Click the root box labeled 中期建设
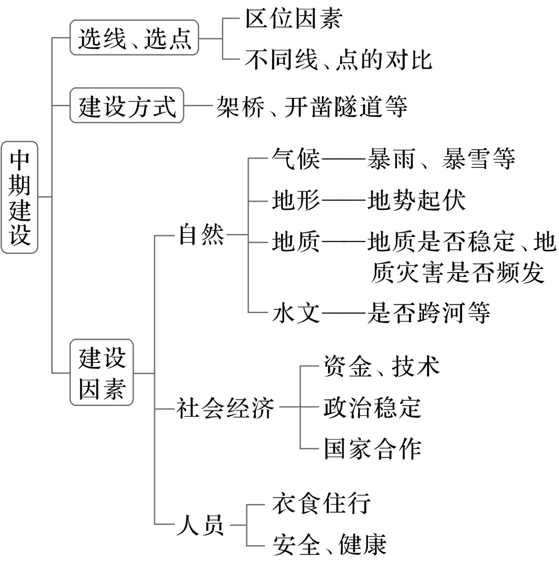tap(20, 197)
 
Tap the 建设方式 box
tap(127, 106)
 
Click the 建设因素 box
tap(102, 373)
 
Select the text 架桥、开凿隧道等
tap(312, 106)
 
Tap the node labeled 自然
tap(201, 234)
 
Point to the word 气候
tap(296, 159)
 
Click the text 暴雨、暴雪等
tap(441, 159)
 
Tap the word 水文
tap(296, 314)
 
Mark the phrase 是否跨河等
tap(428, 313)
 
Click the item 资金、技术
tap(381, 366)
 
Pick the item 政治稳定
tap(372, 407)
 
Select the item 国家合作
tap(372, 449)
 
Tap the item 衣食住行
tap(321, 503)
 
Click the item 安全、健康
tap(329, 544)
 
